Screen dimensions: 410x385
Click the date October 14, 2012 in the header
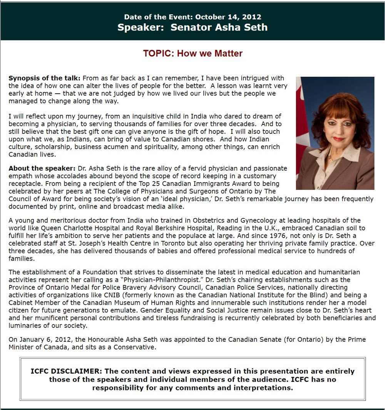point(228,17)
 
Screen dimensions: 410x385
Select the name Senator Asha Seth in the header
point(219,27)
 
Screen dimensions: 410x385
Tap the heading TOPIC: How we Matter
point(192,53)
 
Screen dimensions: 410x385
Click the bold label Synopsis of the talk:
point(44,78)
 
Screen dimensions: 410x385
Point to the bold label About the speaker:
point(42,169)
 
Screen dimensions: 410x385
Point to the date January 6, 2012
point(40,340)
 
